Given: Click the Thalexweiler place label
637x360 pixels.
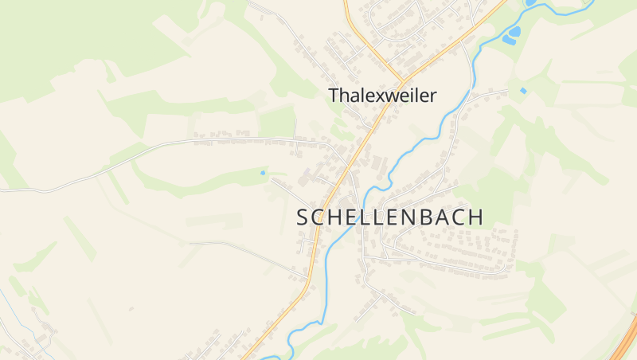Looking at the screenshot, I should pyautogui.click(x=382, y=96).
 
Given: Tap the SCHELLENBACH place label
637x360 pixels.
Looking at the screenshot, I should pyautogui.click(x=389, y=217).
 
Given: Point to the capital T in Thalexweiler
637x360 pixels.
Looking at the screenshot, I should pyautogui.click(x=334, y=96).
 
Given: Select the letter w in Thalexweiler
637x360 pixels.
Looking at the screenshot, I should pyautogui.click(x=386, y=96).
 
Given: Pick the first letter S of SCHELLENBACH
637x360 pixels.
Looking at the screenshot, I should pyautogui.click(x=303, y=217).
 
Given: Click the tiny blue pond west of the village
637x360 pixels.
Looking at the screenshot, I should pyautogui.click(x=263, y=172).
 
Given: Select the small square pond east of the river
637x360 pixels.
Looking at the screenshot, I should pyautogui.click(x=523, y=91).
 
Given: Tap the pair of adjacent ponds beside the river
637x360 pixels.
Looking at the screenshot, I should pyautogui.click(x=511, y=34).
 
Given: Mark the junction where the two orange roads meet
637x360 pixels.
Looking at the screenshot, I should pyautogui.click(x=401, y=83).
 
